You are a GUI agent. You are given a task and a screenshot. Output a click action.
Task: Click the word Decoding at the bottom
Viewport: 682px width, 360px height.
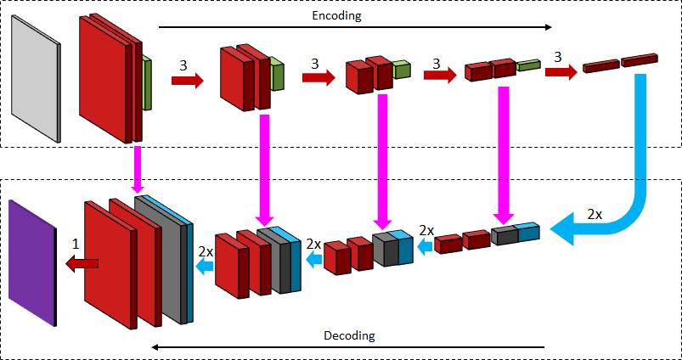pyautogui.click(x=349, y=335)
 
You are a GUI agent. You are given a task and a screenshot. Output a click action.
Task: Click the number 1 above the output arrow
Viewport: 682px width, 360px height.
pyautogui.click(x=76, y=244)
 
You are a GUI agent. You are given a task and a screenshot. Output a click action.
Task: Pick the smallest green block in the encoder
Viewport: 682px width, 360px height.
pyautogui.click(x=528, y=65)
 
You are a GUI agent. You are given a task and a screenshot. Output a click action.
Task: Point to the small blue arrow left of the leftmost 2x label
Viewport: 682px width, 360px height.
pyautogui.click(x=205, y=267)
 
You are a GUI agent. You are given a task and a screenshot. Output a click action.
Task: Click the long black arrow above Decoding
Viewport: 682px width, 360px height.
pyautogui.click(x=348, y=347)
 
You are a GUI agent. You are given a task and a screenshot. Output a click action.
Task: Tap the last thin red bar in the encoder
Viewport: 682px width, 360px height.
pyautogui.click(x=640, y=61)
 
